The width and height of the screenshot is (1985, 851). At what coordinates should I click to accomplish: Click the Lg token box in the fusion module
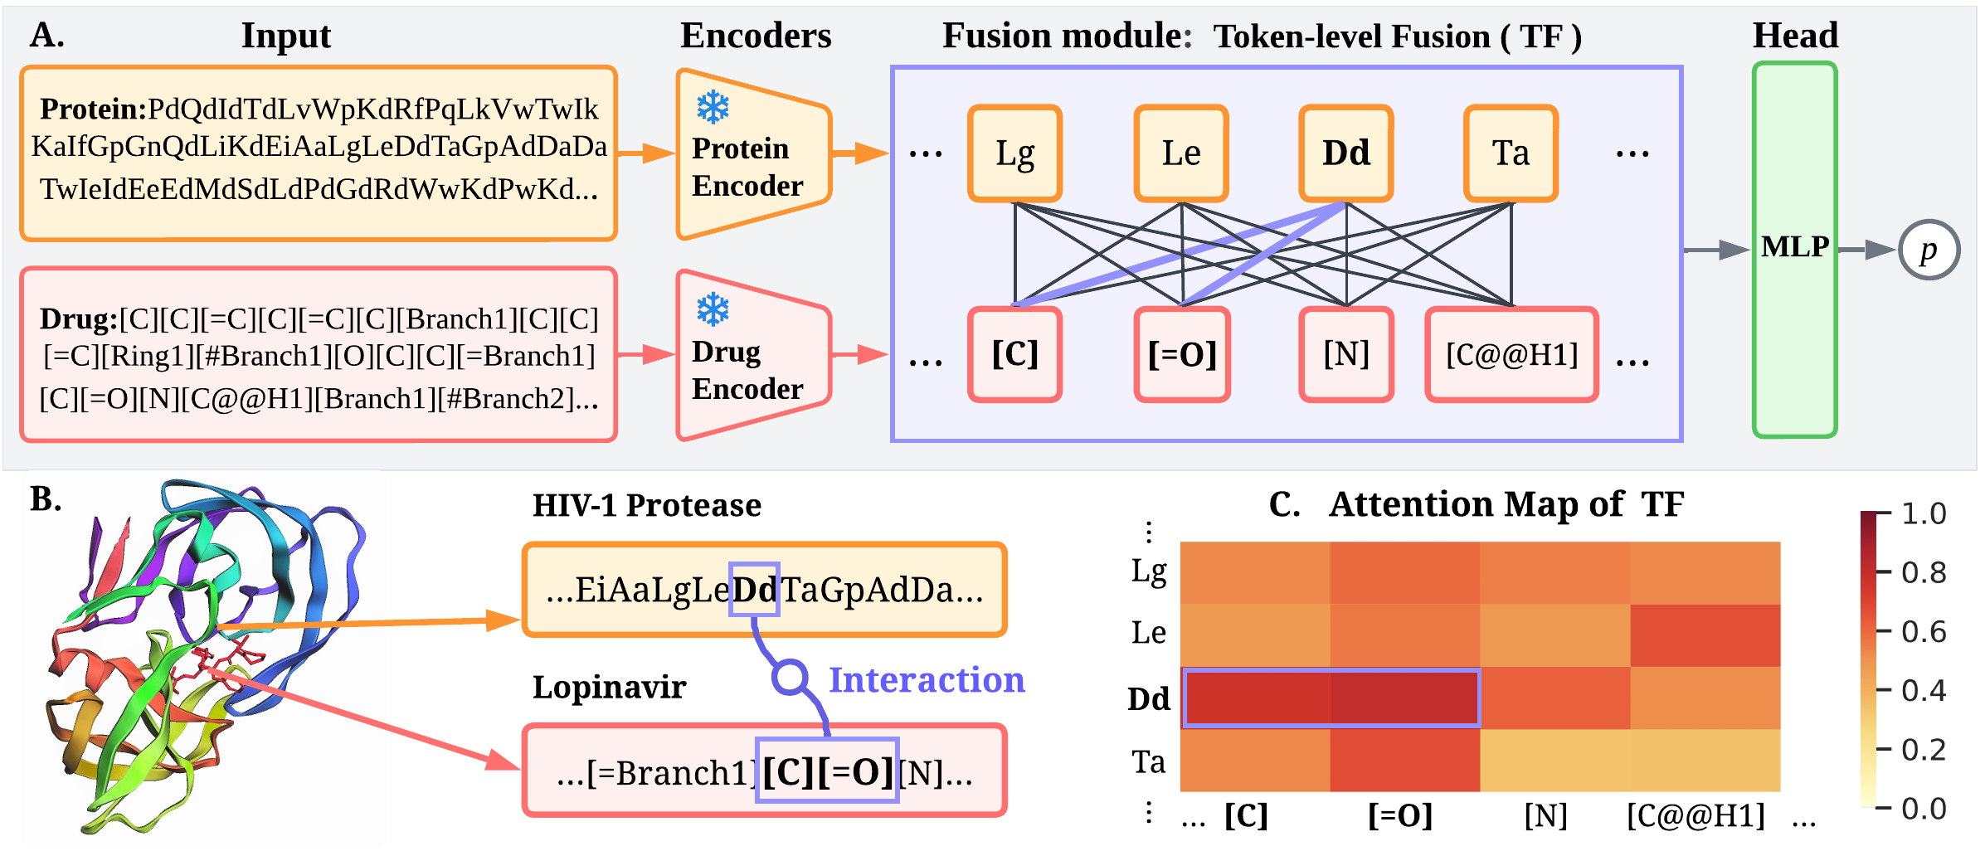click(x=1014, y=153)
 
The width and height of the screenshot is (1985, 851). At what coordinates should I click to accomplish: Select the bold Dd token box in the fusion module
click(x=1345, y=153)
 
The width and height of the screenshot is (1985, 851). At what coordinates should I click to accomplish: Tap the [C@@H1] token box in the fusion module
click(x=1511, y=355)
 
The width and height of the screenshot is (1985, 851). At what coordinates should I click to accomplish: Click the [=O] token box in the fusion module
click(x=1182, y=355)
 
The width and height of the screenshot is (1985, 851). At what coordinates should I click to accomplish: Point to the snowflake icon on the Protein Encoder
click(x=713, y=107)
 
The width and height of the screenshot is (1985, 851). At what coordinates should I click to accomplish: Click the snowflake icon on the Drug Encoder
click(x=713, y=309)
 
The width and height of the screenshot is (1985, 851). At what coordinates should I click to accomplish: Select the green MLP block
click(x=1794, y=249)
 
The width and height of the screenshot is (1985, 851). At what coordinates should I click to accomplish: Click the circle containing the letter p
click(x=1929, y=250)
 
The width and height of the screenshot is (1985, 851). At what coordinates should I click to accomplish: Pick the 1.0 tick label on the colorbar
click(x=1923, y=513)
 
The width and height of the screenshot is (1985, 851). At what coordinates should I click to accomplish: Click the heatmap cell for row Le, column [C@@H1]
click(x=1705, y=635)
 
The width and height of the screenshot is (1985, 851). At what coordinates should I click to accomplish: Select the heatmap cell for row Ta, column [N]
click(x=1554, y=760)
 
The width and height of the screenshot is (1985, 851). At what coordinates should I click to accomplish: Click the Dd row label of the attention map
click(x=1149, y=698)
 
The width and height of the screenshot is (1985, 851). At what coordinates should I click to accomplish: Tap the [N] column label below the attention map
click(x=1545, y=816)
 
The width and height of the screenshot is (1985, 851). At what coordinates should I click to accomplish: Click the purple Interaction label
click(x=927, y=679)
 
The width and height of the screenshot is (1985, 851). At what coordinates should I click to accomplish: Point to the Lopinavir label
click(x=609, y=687)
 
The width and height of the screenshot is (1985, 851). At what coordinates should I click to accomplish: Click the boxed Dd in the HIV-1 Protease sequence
click(x=754, y=590)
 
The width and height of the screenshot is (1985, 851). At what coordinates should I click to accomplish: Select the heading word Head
click(x=1795, y=36)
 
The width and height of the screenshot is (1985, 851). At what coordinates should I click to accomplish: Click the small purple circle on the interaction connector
click(x=790, y=677)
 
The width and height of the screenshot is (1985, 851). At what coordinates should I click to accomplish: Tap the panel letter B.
click(x=46, y=498)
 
